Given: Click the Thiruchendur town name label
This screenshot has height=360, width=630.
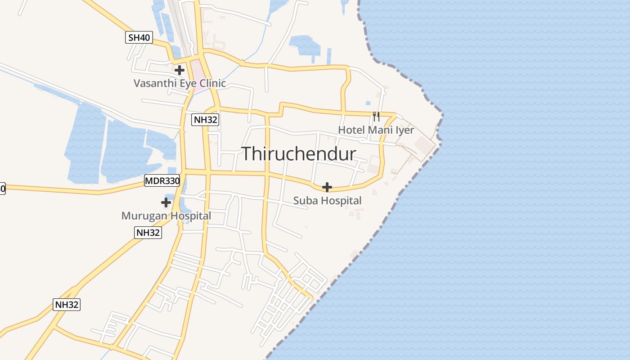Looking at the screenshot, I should (x=299, y=154).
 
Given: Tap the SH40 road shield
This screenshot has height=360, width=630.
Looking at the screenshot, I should (x=139, y=38).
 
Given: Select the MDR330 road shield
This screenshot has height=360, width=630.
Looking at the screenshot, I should (x=162, y=181).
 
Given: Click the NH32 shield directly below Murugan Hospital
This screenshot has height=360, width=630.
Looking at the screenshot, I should (x=148, y=233).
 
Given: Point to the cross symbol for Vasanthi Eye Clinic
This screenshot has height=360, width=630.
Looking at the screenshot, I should (x=180, y=70).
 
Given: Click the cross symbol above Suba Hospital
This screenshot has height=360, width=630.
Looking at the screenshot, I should (x=327, y=187).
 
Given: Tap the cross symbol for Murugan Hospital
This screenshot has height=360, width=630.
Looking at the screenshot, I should (x=166, y=202).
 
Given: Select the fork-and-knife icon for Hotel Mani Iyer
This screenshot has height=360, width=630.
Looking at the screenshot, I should (x=376, y=117).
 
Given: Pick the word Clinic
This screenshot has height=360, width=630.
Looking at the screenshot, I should (x=211, y=83).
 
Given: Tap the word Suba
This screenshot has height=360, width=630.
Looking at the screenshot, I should (x=305, y=201).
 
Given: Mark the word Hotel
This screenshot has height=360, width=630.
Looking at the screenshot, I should (x=351, y=130).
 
